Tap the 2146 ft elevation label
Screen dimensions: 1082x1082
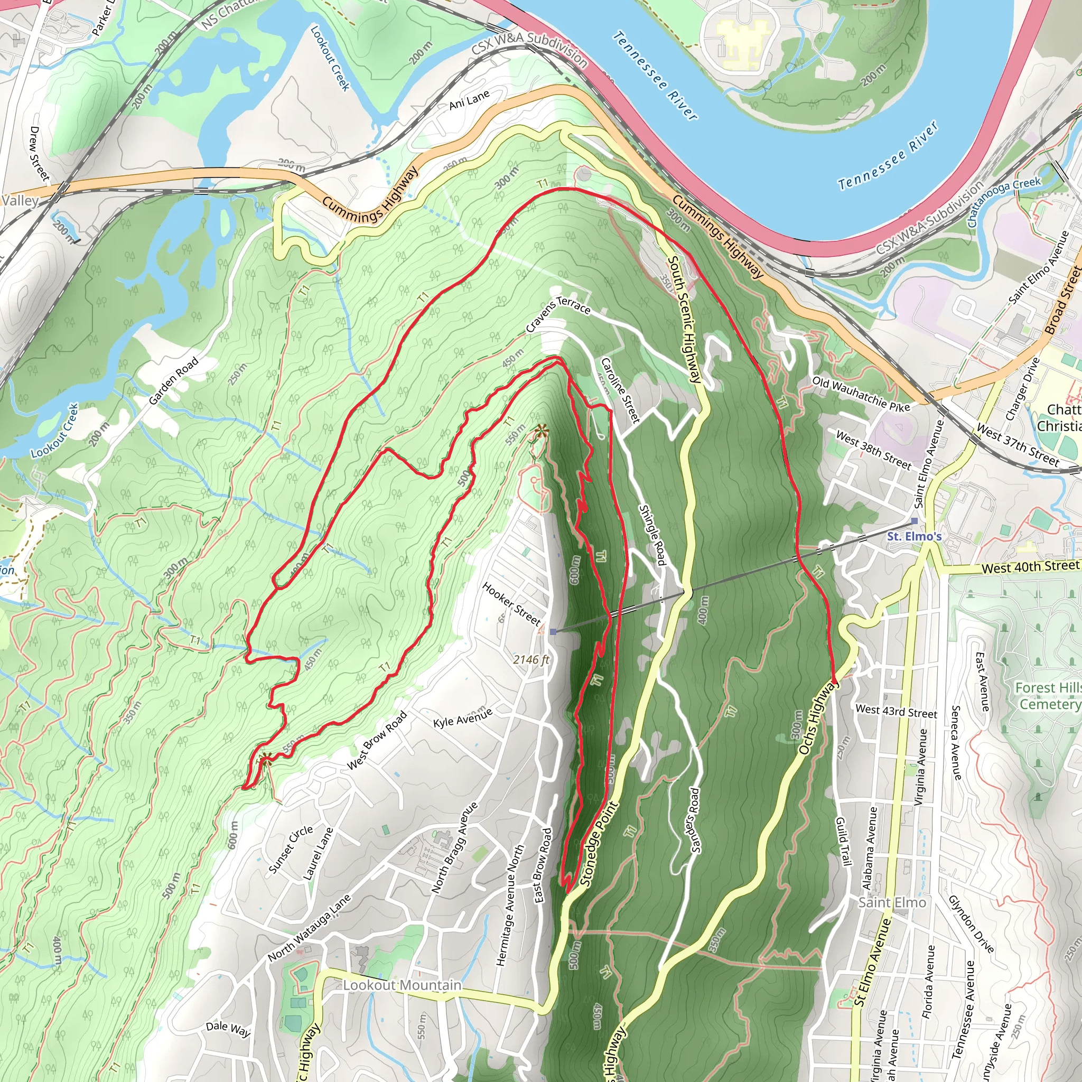(531, 660)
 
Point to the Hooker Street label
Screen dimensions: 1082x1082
(511, 604)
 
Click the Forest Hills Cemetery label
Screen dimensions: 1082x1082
(1047, 696)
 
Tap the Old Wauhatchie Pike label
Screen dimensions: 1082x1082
(861, 394)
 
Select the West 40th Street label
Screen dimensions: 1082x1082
(1030, 567)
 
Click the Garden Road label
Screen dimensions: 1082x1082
(174, 381)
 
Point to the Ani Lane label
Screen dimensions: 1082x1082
(469, 100)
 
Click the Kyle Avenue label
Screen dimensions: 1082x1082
(463, 717)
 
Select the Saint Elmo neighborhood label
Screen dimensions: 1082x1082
(892, 902)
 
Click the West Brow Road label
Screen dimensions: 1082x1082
(376, 740)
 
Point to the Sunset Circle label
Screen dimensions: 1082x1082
(291, 849)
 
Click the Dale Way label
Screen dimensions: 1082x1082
(228, 1028)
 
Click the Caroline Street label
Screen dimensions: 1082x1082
(620, 390)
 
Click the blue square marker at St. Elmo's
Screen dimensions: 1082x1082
(915, 521)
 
